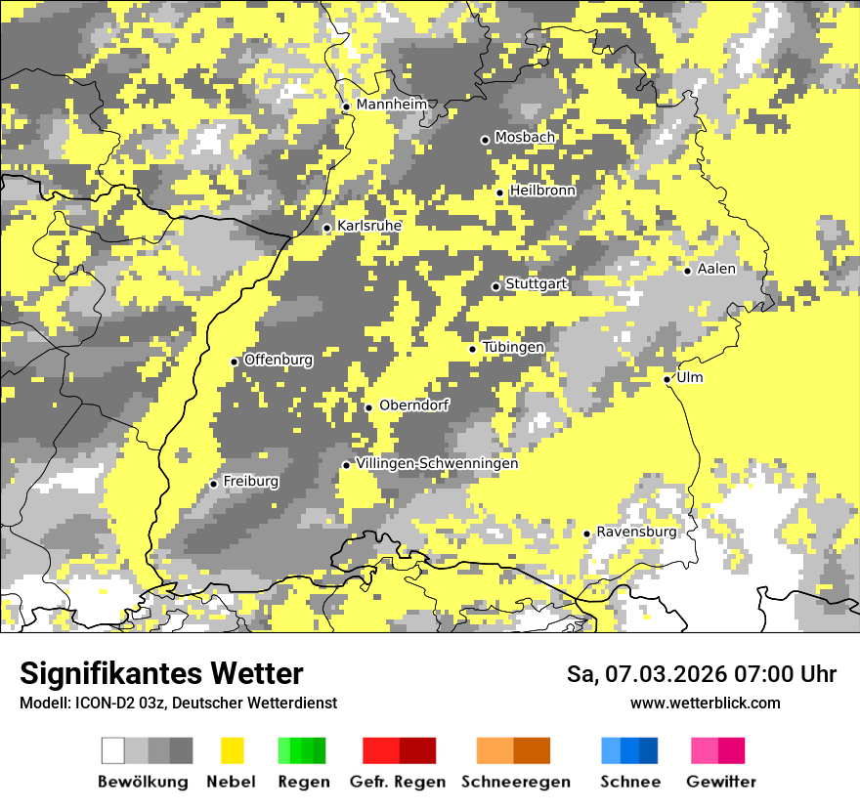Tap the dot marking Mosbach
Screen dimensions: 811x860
pyautogui.click(x=485, y=140)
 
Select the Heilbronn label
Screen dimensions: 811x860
pyautogui.click(x=542, y=191)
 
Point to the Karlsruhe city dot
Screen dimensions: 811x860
pyautogui.click(x=327, y=229)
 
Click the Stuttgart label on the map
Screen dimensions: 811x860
pyautogui.click(x=537, y=283)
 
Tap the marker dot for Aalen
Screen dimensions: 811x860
pyautogui.click(x=688, y=271)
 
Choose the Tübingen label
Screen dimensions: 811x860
pyautogui.click(x=513, y=347)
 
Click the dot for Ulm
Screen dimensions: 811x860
pyautogui.click(x=666, y=379)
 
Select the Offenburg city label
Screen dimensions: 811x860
pyautogui.click(x=279, y=360)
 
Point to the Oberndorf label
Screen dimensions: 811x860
pyautogui.click(x=413, y=405)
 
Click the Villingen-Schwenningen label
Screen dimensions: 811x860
pyautogui.click(x=437, y=463)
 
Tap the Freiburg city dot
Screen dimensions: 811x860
pyautogui.click(x=213, y=484)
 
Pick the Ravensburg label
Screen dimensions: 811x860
pyautogui.click(x=636, y=532)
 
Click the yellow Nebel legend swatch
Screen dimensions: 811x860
pyautogui.click(x=233, y=750)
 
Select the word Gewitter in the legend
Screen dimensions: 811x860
pyautogui.click(x=721, y=782)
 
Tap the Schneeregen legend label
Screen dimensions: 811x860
pyautogui.click(x=516, y=782)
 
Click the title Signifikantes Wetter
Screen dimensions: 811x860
pyautogui.click(x=161, y=673)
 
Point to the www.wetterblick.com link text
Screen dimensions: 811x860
pyautogui.click(x=706, y=703)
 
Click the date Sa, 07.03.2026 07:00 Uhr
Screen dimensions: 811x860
pyautogui.click(x=702, y=674)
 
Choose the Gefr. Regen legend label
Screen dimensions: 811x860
pyautogui.click(x=398, y=782)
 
